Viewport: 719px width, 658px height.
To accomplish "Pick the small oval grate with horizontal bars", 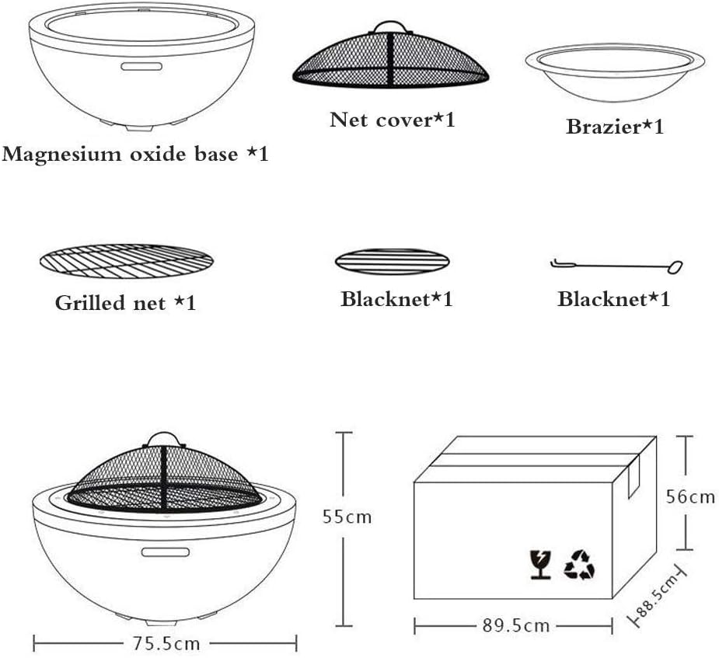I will click(392, 261).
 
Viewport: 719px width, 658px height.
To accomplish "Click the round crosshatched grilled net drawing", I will click(125, 261).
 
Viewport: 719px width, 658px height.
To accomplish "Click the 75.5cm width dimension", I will click(166, 643).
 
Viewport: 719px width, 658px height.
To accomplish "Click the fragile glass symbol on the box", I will click(539, 564).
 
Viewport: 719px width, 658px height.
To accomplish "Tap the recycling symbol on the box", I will click(579, 564).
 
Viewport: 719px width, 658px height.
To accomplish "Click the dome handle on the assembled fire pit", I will click(164, 438).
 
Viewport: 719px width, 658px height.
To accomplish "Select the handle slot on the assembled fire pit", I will click(165, 552).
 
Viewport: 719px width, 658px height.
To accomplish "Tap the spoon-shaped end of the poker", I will click(674, 267).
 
